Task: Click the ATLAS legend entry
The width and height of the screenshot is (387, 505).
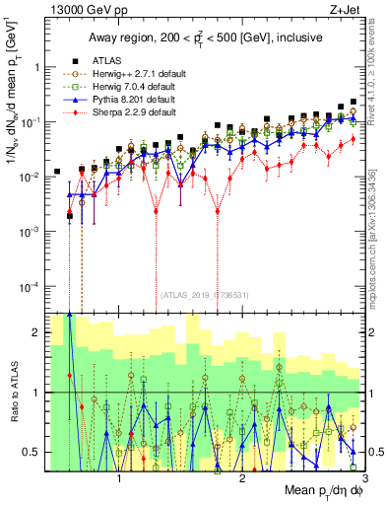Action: [107, 60]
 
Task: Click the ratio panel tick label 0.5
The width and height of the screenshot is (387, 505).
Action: [32, 452]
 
